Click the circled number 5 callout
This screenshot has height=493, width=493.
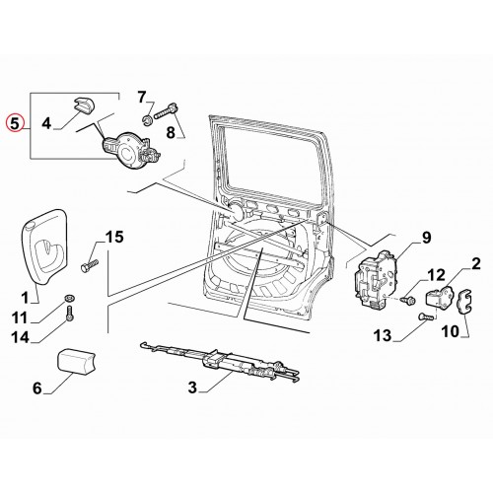[x=15, y=123]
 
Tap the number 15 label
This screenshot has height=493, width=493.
[x=114, y=237]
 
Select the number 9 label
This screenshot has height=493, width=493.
[x=426, y=238]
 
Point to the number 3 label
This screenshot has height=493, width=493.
[x=192, y=387]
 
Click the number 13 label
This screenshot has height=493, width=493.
[x=383, y=335]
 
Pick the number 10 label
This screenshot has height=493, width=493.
[x=450, y=331]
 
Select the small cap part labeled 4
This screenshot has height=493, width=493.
[x=83, y=105]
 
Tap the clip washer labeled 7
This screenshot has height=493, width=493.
[x=148, y=120]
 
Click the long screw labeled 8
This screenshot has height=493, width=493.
[x=168, y=111]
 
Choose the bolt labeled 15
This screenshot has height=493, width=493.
[x=90, y=265]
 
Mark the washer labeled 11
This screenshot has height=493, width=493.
[x=69, y=298]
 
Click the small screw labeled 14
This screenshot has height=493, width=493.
[x=70, y=314]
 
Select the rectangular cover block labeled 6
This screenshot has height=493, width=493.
[x=77, y=362]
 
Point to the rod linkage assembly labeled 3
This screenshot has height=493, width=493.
[x=220, y=363]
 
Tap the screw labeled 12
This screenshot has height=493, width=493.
[x=408, y=300]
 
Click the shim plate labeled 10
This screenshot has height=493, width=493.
[x=464, y=302]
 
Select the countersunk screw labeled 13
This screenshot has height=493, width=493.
[x=425, y=317]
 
